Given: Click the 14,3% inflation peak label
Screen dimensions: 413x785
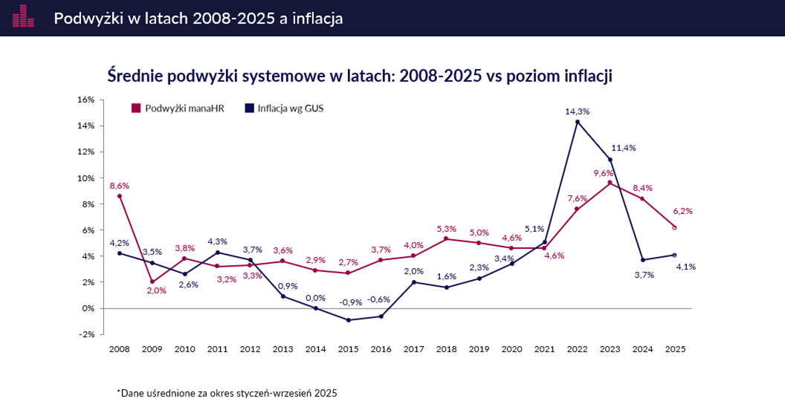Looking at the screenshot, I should click(578, 111).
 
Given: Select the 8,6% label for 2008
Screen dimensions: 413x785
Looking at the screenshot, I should click(120, 185).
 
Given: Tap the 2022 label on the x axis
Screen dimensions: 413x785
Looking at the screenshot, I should click(577, 348).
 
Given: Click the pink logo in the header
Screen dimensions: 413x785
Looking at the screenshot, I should click(23, 16).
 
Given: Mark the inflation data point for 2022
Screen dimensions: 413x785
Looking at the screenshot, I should click(578, 122).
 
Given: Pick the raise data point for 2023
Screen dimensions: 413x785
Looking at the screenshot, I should click(610, 183).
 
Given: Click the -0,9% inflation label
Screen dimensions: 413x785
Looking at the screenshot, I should click(350, 302).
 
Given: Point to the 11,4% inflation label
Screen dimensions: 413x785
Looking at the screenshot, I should click(623, 148).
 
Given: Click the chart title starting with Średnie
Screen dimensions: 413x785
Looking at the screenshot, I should click(360, 76).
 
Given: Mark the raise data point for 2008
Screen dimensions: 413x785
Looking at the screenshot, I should click(119, 196).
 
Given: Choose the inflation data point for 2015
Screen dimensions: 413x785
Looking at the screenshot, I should click(349, 320).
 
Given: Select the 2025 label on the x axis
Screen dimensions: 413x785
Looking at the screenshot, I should click(674, 348).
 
